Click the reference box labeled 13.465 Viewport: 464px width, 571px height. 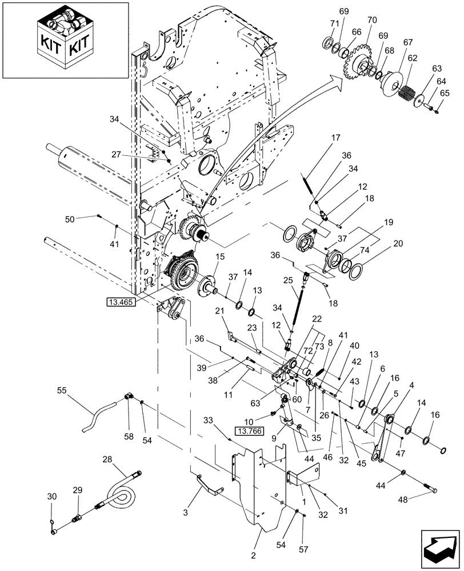click(121, 302)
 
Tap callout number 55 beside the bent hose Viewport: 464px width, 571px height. click(62, 391)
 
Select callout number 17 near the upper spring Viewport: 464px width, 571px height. click(334, 138)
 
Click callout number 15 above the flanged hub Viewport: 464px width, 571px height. click(218, 258)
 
